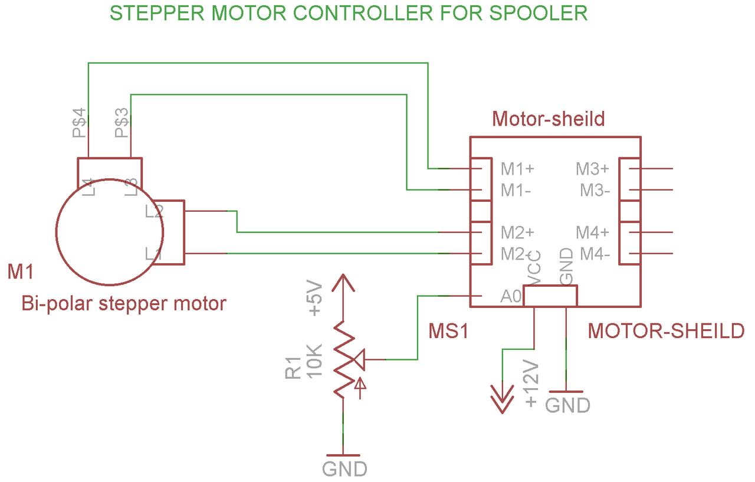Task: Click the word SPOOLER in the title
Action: tap(539, 14)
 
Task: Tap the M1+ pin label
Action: tap(517, 169)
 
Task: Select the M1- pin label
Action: tap(516, 191)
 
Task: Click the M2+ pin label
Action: tap(517, 232)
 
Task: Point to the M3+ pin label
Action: tap(592, 169)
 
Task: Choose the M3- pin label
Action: tap(595, 191)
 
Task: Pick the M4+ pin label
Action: tap(592, 232)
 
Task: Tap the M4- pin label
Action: tap(595, 254)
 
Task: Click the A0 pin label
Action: tap(511, 297)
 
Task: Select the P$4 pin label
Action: tap(80, 123)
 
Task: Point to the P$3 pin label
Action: tap(122, 123)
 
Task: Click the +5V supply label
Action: tap(316, 298)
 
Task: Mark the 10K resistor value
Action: tap(315, 361)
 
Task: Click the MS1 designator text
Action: tap(448, 331)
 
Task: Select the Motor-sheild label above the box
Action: tap(549, 119)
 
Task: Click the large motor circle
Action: tap(56, 232)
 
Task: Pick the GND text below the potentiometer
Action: tap(344, 469)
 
